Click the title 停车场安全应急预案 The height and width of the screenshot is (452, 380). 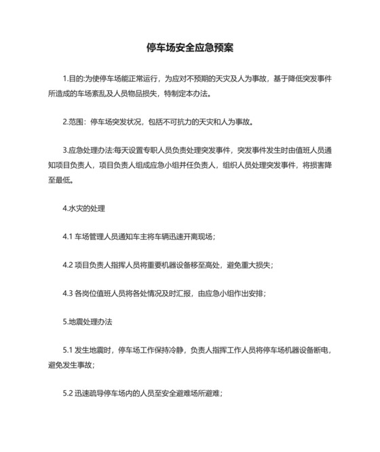coord(190,48)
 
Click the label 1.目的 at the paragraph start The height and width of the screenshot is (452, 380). coord(73,79)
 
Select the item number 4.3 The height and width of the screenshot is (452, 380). coord(66,293)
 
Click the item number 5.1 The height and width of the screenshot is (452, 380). coord(66,350)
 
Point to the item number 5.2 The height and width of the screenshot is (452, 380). coord(66,393)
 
